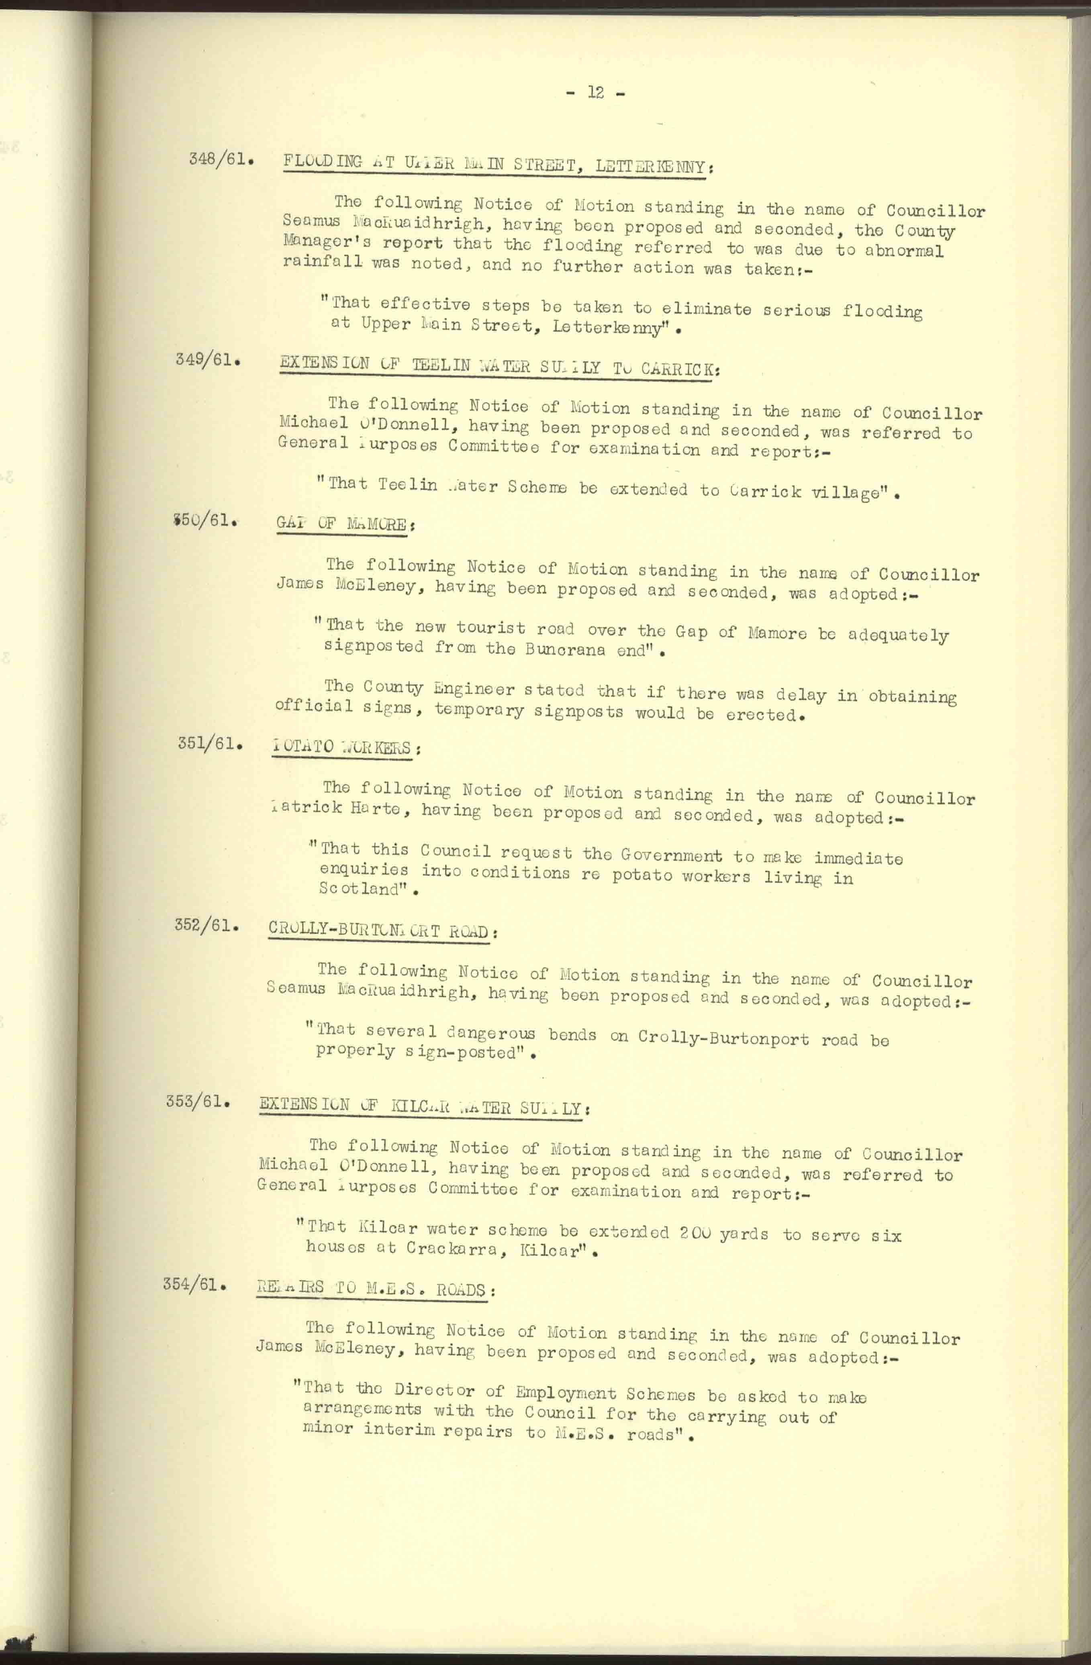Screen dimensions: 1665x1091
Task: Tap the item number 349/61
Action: click(x=208, y=362)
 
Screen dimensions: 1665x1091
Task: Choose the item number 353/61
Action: click(x=198, y=1101)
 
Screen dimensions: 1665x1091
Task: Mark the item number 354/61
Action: click(x=194, y=1284)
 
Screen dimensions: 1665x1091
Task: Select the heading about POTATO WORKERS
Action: click(x=343, y=747)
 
